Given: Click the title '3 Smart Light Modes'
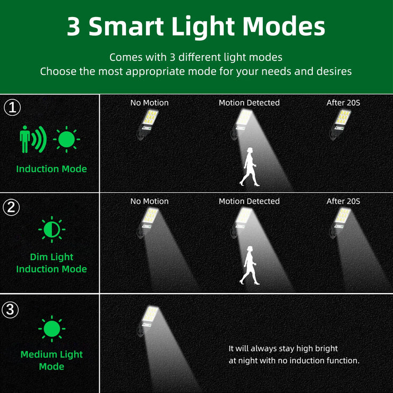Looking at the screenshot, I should pyautogui.click(x=196, y=27).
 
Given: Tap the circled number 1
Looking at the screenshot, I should pyautogui.click(x=12, y=108).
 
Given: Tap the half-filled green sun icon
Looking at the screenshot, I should pyautogui.click(x=52, y=229).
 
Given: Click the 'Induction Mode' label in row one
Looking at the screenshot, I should pyautogui.click(x=52, y=169).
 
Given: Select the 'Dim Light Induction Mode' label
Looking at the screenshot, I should pyautogui.click(x=52, y=263).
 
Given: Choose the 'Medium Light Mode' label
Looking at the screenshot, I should pyautogui.click(x=52, y=360).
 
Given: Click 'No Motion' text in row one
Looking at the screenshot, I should pyautogui.click(x=149, y=102).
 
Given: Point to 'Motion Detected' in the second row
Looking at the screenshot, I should pyautogui.click(x=249, y=201).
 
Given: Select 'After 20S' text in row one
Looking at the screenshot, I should pyautogui.click(x=343, y=102).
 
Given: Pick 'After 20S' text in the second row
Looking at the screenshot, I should pyautogui.click(x=343, y=201).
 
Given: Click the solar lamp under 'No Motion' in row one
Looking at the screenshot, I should pyautogui.click(x=147, y=124).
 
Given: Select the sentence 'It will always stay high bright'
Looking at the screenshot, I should pyautogui.click(x=283, y=348).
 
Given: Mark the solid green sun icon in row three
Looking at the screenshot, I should pyautogui.click(x=52, y=329).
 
